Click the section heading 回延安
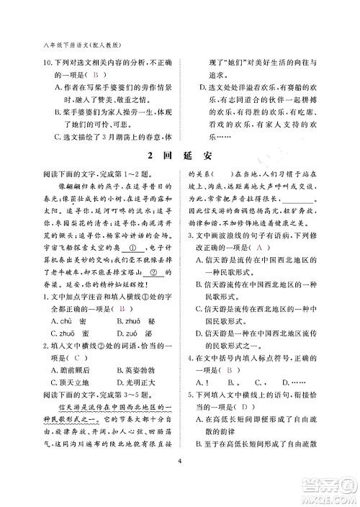[x=180, y=156]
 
